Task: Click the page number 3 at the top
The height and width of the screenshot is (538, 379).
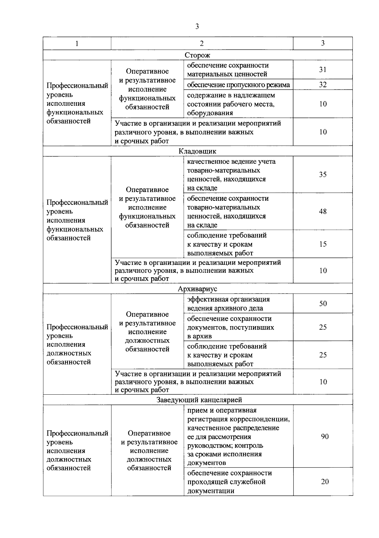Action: click(197, 27)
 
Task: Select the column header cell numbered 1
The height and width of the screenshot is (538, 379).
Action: click(77, 44)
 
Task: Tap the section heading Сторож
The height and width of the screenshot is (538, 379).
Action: click(197, 55)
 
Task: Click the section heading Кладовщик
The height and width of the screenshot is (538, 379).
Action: click(197, 151)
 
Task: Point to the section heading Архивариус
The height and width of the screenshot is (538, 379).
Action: click(197, 289)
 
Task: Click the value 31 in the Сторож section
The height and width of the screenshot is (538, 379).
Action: click(322, 69)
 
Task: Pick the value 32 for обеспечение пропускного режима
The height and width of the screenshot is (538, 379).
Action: click(322, 85)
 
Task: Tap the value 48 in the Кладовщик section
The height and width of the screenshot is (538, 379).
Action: click(322, 212)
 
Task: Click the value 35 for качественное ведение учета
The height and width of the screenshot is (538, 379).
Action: click(322, 175)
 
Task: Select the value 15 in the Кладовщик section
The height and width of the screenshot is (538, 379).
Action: click(322, 244)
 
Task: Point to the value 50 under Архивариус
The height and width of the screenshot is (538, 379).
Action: click(323, 304)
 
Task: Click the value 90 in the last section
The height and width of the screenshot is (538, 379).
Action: click(325, 437)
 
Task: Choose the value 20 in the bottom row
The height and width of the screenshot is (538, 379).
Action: click(325, 482)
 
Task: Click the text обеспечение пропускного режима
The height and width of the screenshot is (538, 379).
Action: click(238, 85)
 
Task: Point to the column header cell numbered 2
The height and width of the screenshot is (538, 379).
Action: click(202, 44)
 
